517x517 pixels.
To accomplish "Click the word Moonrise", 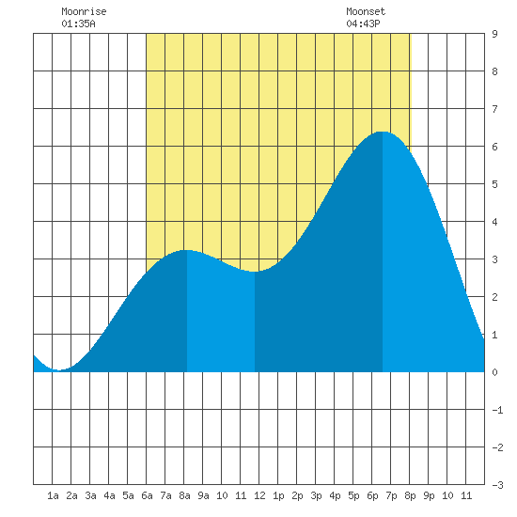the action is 84,11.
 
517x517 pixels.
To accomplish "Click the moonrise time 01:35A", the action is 78,23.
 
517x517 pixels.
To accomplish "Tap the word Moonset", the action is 366,11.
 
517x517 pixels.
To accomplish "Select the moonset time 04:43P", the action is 363,23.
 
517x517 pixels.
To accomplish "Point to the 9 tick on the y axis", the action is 494,34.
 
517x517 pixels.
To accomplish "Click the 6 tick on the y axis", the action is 494,147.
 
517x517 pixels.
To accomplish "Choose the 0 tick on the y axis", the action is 494,372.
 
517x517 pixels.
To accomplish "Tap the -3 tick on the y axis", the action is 497,485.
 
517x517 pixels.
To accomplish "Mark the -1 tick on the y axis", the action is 497,410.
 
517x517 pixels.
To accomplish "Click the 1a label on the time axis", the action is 53,495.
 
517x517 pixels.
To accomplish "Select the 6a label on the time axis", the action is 147,495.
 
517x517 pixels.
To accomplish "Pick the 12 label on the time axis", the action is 259,495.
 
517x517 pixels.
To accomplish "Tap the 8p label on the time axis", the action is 410,495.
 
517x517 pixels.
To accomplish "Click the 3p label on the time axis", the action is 316,495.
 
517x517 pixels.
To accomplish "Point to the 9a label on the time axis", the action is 203,495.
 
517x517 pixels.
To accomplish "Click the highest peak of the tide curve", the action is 383,132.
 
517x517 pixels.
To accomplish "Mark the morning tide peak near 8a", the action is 187,250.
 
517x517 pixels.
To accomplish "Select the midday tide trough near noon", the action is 255,272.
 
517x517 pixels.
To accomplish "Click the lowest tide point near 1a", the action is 59,370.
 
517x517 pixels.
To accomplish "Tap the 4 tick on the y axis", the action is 494,222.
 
